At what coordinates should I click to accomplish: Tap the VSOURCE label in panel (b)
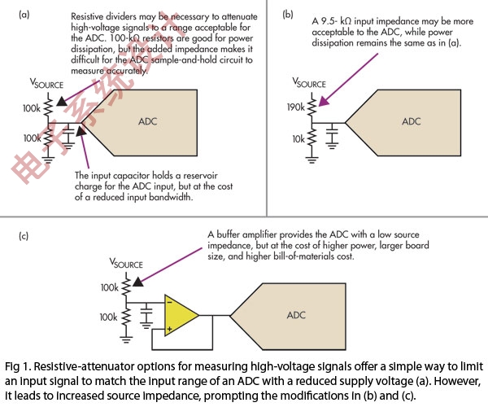306,84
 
